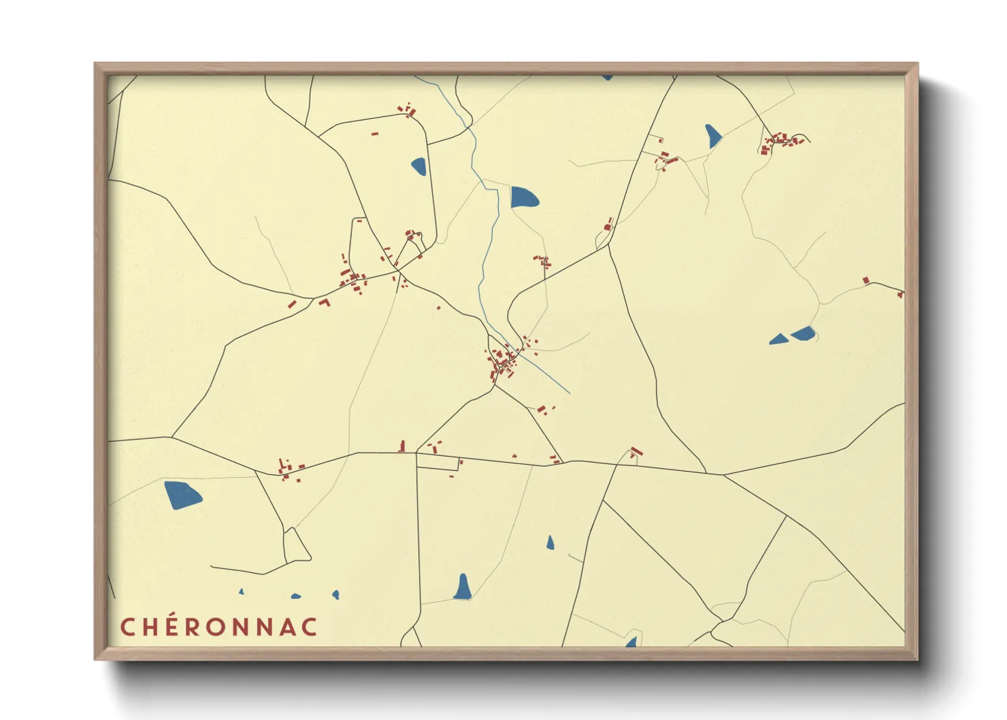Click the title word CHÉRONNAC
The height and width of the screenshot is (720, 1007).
(219, 627)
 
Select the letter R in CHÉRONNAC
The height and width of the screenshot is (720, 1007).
(194, 627)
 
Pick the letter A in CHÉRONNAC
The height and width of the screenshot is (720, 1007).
(288, 627)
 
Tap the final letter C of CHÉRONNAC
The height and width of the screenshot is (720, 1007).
(310, 627)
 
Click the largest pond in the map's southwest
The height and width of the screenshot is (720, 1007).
(182, 495)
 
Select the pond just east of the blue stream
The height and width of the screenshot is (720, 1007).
(524, 197)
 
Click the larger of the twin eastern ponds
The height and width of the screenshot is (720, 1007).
(804, 333)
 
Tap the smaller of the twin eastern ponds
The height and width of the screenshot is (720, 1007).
(778, 340)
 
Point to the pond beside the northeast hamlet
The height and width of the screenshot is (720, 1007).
(712, 135)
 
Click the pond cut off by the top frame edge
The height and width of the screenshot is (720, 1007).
(607, 78)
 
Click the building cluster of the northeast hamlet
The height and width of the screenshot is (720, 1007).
(782, 142)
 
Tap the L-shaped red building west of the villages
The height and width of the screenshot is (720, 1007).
(325, 301)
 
